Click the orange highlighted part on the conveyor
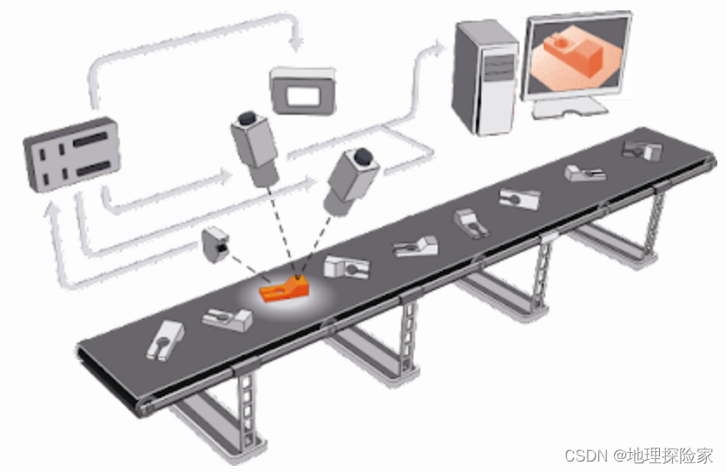(283, 289)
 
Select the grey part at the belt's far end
(642, 150)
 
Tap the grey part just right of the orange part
(346, 266)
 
